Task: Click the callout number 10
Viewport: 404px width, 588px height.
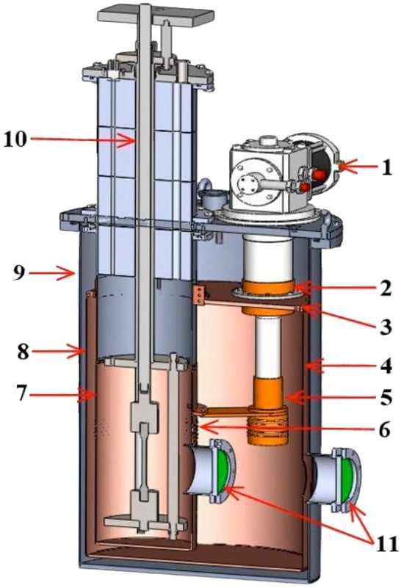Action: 15,139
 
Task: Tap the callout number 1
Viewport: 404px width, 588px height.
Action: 387,167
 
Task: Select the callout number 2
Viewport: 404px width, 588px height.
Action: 386,289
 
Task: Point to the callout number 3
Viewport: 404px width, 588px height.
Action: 385,327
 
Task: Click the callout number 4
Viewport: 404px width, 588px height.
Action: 385,366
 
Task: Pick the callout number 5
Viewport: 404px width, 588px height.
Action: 385,397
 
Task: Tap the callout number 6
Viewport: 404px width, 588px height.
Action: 384,429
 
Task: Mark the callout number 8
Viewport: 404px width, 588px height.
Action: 23,352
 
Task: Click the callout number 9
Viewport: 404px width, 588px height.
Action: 19,273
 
